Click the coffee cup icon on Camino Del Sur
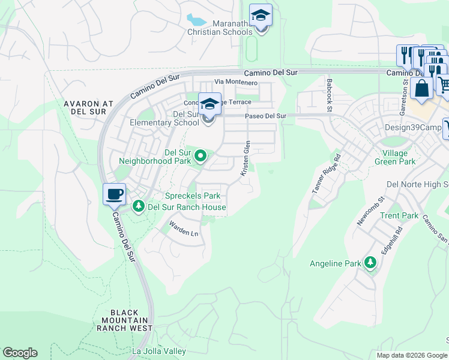tap(114, 194)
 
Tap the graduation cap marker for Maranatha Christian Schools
tap(261, 15)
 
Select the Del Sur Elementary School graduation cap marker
tap(209, 104)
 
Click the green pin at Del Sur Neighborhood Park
tap(201, 157)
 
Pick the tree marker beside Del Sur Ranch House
tap(139, 206)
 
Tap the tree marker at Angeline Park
tap(370, 263)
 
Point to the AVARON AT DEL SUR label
tap(89, 107)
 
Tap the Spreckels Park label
tap(193, 196)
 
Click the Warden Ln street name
tap(183, 229)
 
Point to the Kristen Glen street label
tap(245, 158)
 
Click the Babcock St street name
tap(329, 94)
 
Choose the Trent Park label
tap(399, 215)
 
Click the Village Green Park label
tap(395, 157)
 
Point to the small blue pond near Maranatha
tap(196, 21)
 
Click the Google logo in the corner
tap(20, 353)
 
